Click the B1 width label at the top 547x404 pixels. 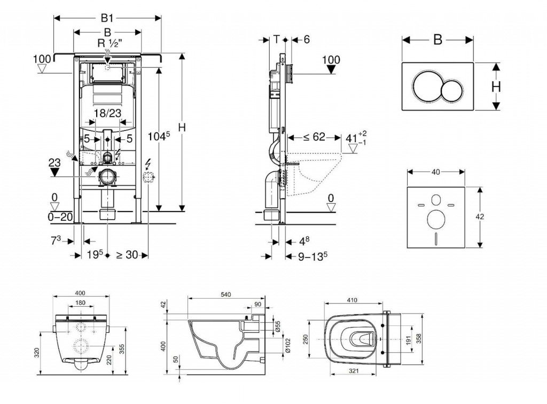tap(107, 18)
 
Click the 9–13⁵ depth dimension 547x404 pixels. tap(311, 257)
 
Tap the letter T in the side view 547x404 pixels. tap(276, 39)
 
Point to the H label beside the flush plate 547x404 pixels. tap(496, 86)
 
